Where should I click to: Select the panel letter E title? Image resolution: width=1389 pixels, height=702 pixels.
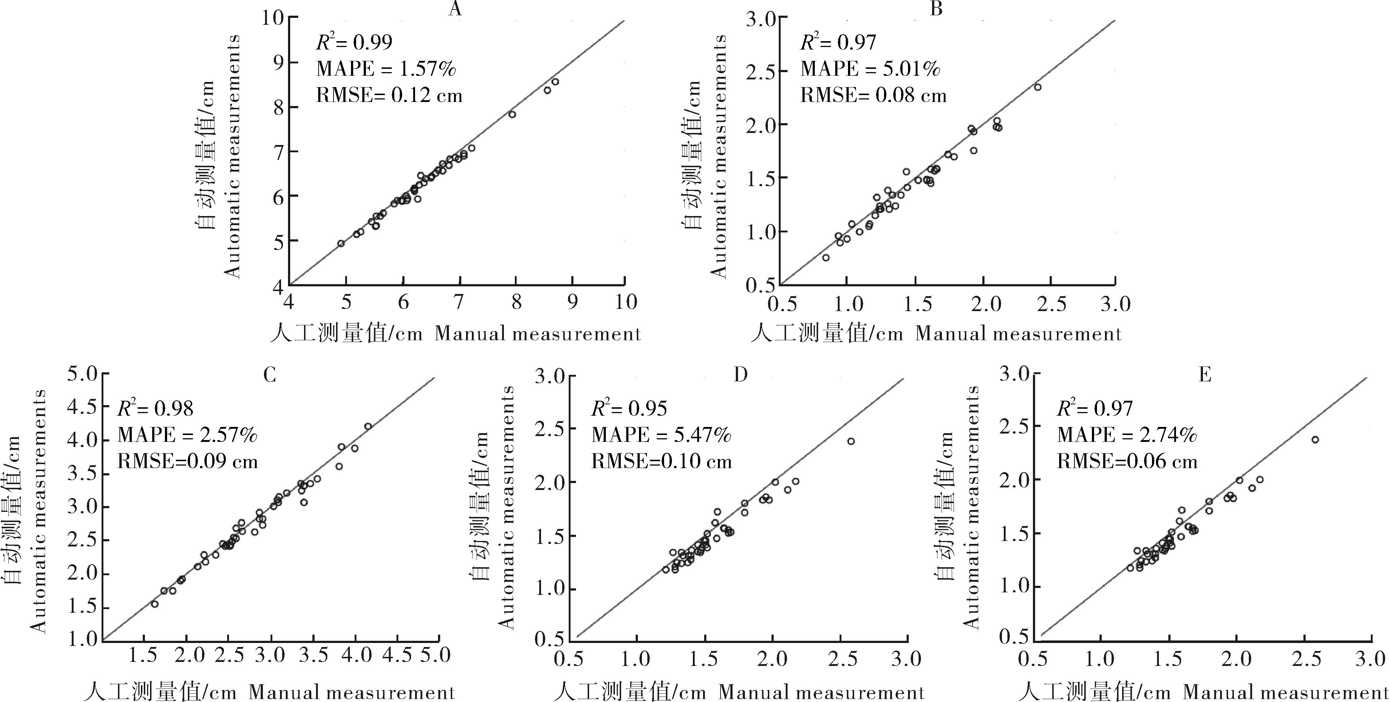tap(1205, 374)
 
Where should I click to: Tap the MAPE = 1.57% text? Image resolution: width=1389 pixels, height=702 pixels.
tap(386, 69)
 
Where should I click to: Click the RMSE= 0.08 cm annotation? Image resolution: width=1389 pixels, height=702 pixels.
tap(873, 95)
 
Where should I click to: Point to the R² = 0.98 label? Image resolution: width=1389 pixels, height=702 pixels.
tap(155, 408)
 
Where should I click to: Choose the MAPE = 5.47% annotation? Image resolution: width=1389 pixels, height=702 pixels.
tap(661, 435)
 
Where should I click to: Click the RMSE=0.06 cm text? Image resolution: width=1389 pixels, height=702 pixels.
tap(1127, 461)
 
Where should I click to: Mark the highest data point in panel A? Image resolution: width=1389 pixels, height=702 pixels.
tap(555, 82)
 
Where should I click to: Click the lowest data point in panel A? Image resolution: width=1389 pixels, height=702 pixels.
tap(341, 243)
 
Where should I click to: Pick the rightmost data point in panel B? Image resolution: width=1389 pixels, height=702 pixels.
tap(1037, 87)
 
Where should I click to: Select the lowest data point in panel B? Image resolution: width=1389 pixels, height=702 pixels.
tap(825, 258)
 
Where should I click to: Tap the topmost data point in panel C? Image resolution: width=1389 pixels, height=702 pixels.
tap(368, 426)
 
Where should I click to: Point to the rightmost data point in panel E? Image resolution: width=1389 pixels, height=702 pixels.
tap(1315, 440)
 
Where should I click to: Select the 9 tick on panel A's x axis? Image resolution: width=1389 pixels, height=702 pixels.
tap(572, 302)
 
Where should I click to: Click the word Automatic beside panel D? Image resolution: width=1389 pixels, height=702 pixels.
tap(505, 588)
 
